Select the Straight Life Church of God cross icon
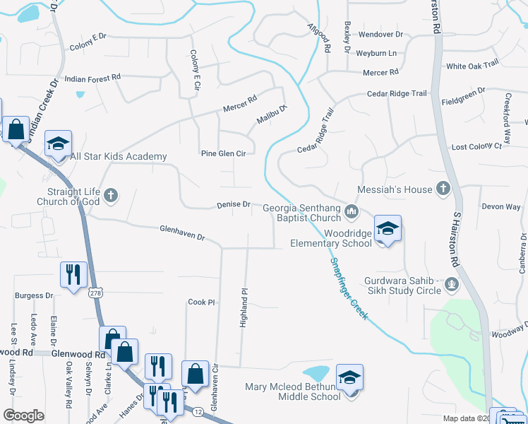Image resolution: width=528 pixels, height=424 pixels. pyautogui.click(x=110, y=195)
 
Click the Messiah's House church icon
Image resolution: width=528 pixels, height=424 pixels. pyautogui.click(x=443, y=188)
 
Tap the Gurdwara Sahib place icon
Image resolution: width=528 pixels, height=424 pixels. pyautogui.click(x=452, y=285)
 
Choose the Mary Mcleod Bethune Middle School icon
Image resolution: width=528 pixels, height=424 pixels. pyautogui.click(x=349, y=378)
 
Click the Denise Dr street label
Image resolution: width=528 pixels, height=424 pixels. pyautogui.click(x=233, y=204)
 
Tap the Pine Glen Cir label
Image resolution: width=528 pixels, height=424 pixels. pyautogui.click(x=222, y=153)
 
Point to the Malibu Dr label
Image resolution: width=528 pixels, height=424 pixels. pyautogui.click(x=272, y=114)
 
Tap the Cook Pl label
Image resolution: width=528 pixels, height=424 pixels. pyautogui.click(x=200, y=302)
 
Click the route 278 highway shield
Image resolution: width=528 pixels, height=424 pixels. pyautogui.click(x=95, y=292)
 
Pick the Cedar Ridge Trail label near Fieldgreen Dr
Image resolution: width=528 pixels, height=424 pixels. pyautogui.click(x=397, y=93)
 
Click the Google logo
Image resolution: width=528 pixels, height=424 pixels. pyautogui.click(x=23, y=416)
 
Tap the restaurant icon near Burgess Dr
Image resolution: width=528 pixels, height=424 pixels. pyautogui.click(x=74, y=274)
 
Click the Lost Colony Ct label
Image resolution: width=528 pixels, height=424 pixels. pyautogui.click(x=476, y=146)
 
